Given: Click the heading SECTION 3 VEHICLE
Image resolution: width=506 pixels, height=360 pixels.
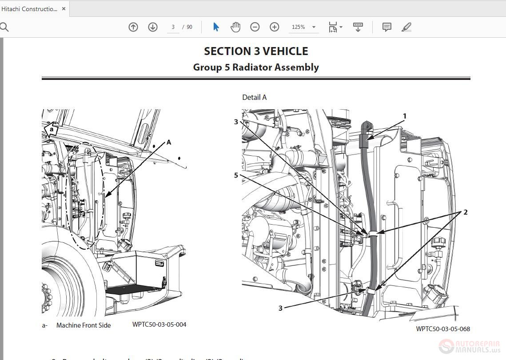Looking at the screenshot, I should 256,51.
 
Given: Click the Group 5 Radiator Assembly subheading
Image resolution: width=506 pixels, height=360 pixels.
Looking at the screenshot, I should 256,67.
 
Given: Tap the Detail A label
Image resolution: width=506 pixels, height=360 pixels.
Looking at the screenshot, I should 254,97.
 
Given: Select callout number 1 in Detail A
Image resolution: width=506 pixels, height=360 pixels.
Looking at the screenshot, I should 404,116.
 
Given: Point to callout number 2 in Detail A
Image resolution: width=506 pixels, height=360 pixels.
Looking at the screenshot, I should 465,212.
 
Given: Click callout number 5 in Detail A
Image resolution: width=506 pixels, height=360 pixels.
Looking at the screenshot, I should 236,175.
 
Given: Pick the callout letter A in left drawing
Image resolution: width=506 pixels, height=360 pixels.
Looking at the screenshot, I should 168,142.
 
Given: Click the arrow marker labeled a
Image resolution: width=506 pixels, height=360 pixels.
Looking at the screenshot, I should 52,130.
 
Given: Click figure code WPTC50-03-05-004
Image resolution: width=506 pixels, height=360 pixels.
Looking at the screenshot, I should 159,324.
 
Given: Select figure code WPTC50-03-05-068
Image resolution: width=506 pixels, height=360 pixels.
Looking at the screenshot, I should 442,329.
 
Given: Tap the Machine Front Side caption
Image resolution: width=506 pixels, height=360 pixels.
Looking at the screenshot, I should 84,325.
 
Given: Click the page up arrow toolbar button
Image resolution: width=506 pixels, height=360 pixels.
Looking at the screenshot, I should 133,27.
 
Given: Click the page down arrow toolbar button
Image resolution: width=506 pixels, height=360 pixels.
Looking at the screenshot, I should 153,27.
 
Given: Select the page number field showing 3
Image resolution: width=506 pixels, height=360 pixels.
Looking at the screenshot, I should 173,27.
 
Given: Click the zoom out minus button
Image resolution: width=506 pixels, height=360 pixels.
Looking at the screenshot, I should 255,27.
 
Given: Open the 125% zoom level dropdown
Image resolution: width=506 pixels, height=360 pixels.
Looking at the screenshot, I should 304,27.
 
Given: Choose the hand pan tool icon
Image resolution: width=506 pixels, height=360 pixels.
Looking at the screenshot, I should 235,27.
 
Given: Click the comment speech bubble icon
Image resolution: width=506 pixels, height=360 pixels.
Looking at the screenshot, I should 387,27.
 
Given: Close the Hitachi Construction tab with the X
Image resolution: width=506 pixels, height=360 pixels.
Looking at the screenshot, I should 64,8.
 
